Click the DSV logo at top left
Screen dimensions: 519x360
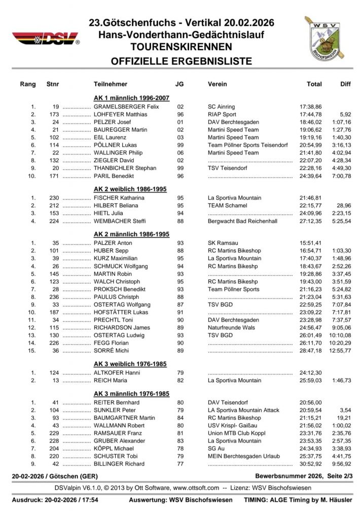[46, 38]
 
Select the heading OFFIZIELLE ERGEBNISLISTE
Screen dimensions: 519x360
[182, 62]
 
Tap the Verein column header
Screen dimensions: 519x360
[218, 84]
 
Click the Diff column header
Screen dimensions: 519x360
[345, 84]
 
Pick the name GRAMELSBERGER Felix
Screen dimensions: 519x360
[126, 107]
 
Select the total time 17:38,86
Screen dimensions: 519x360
[310, 107]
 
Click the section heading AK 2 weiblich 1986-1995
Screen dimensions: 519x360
[131, 189]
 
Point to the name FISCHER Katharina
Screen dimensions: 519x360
[119, 198]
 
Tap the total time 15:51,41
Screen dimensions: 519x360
[310, 243]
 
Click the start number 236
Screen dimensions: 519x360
[54, 296]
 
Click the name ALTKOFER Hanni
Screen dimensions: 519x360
[117, 373]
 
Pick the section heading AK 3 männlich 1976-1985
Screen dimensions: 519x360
[131, 394]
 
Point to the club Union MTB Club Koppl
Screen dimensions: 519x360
[236, 433]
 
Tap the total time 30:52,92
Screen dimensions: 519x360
[310, 464]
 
